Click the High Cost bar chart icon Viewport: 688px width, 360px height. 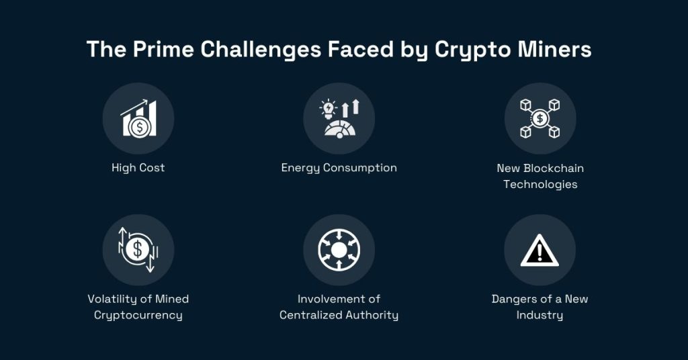pos(138,119)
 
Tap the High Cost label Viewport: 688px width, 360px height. pos(138,168)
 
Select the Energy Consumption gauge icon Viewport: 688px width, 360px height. pos(339,119)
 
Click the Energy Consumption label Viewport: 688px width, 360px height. pos(339,168)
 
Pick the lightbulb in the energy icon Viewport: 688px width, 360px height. pos(329,107)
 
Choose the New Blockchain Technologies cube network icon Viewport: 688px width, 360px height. pos(540,119)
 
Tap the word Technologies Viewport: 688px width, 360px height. pos(540,184)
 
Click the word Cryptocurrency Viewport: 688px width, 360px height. pos(138,315)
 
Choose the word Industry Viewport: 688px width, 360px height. pos(540,315)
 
